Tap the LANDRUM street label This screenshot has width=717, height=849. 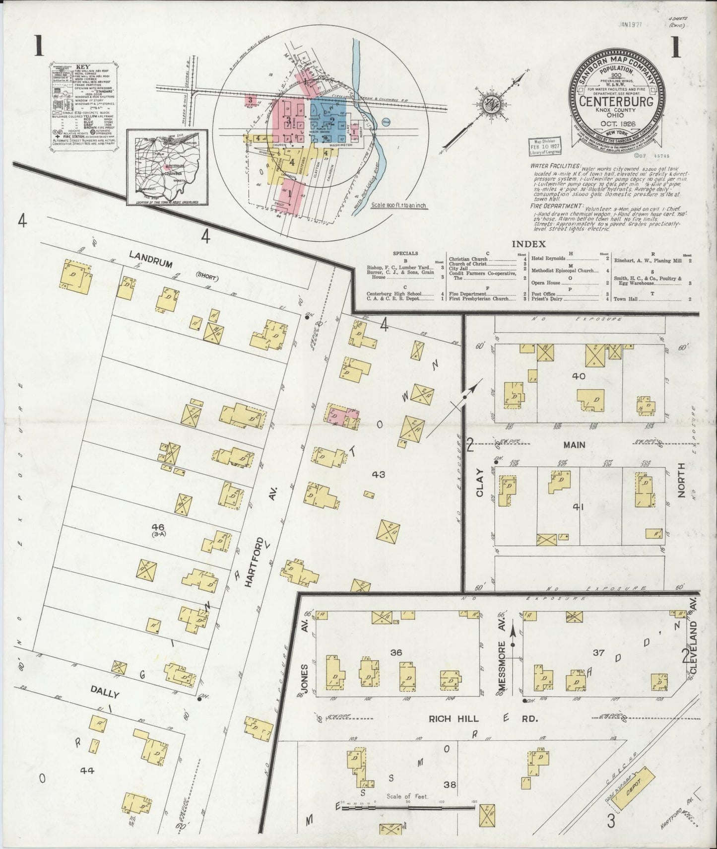point(150,259)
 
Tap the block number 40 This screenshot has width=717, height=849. point(579,376)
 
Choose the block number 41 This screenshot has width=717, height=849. point(577,507)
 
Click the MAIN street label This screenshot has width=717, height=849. point(574,445)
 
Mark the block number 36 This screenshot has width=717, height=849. point(396,652)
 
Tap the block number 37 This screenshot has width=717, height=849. point(598,652)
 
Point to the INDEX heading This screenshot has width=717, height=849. point(528,244)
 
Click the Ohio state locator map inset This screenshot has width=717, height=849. point(167,167)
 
